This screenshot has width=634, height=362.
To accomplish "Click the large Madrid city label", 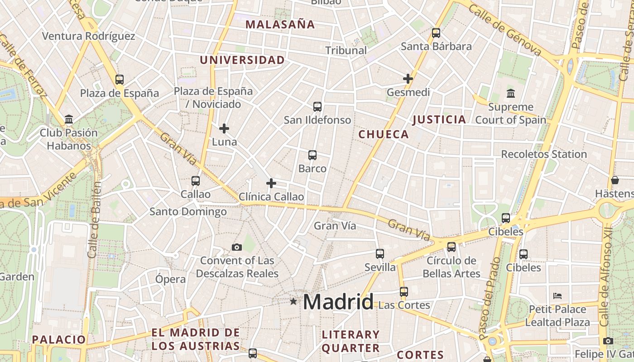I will coord(338,302).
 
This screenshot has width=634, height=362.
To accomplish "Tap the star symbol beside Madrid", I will coord(293,301).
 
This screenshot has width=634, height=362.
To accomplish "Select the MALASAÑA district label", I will coord(280,24).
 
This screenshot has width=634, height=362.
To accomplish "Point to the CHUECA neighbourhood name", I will coord(384,134).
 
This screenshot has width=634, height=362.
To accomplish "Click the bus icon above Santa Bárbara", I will coord(436,33).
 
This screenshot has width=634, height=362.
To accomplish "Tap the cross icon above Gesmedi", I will coord(408,79).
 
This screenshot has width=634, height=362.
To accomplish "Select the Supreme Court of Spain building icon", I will coord(511,94).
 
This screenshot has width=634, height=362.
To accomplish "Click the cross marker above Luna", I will coord(224,129).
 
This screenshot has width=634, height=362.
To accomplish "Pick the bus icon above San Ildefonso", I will coord(317,107).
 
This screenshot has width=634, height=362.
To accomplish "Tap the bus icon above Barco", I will coord(312,155).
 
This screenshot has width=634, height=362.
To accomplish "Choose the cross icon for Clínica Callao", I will coord(271,183).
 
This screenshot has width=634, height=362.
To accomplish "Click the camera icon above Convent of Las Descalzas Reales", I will coord(237,247).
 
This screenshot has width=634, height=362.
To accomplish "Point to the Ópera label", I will coord(170,279).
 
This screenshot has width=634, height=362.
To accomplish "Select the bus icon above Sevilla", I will coord(380,254).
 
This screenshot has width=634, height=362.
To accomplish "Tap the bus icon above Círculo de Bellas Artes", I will coord(451,247).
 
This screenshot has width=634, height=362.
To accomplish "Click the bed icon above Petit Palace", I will coord(557,296).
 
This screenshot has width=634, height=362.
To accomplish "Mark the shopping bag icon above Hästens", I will coord(615,180).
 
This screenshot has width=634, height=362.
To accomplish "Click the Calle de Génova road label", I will coord(505,30).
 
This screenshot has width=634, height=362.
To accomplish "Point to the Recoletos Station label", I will coord(544,154).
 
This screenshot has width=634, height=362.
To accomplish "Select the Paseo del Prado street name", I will coord(490,299).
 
